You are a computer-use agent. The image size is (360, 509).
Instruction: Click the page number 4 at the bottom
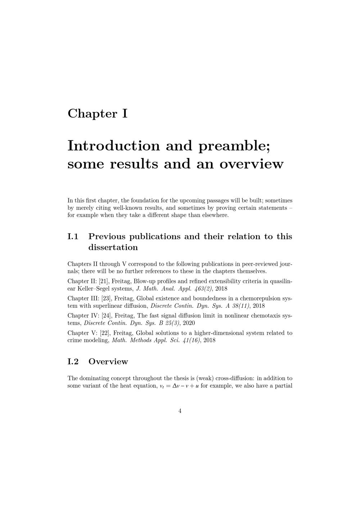coord(180,411)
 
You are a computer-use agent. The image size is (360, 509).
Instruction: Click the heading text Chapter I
coord(98,113)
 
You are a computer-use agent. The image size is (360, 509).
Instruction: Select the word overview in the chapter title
coord(252,164)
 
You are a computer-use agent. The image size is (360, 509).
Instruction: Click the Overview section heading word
coord(108,361)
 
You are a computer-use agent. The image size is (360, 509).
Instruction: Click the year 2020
coord(189,323)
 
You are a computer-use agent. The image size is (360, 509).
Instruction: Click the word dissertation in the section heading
coord(113,247)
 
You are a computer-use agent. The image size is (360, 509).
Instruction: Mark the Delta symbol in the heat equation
coord(175,386)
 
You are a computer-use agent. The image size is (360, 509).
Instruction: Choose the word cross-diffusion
coord(235,378)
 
